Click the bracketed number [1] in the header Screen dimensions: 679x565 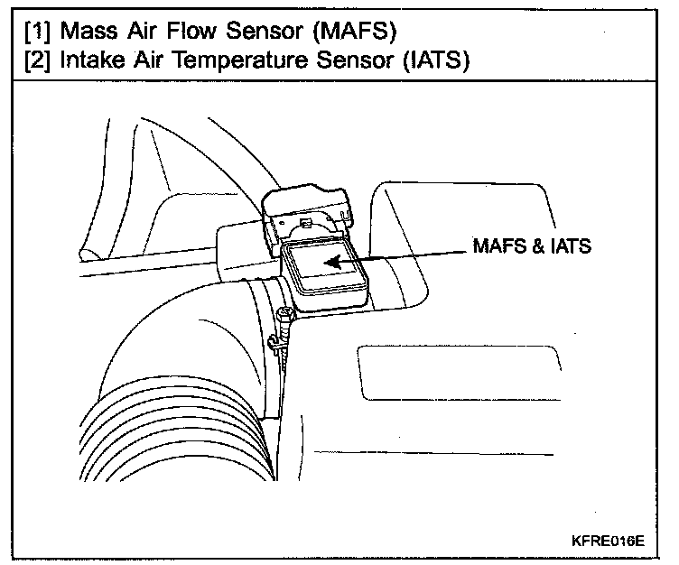pyautogui.click(x=37, y=32)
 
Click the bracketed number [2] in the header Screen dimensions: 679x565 pyautogui.click(x=37, y=60)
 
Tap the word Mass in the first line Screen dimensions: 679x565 pyautogui.click(x=88, y=31)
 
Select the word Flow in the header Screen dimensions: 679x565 pyautogui.click(x=191, y=31)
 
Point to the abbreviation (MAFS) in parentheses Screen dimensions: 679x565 pyautogui.click(x=355, y=32)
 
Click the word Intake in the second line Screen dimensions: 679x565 pyautogui.click(x=91, y=60)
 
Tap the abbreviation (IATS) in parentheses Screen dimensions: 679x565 pyautogui.click(x=436, y=60)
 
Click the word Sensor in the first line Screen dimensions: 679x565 pyautogui.click(x=265, y=31)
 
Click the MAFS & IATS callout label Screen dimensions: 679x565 pyautogui.click(x=532, y=245)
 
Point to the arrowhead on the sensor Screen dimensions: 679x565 pyautogui.click(x=332, y=262)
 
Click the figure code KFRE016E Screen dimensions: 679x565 pyautogui.click(x=608, y=541)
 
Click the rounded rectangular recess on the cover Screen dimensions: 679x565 pyautogui.click(x=460, y=373)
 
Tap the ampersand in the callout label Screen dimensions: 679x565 pyautogui.click(x=538, y=245)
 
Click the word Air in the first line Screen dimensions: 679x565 pyautogui.click(x=142, y=31)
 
